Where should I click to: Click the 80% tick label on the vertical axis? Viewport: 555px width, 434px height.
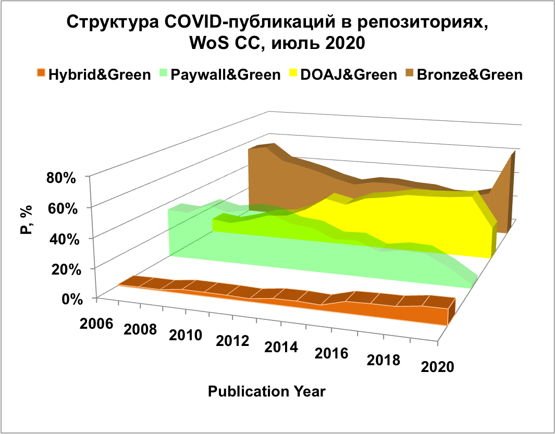pyautogui.click(x=61, y=177)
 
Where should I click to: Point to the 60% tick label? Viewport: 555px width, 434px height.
pyautogui.click(x=61, y=207)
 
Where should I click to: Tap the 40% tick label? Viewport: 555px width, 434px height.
pyautogui.click(x=61, y=238)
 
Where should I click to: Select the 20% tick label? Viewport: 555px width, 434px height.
pyautogui.click(x=61, y=269)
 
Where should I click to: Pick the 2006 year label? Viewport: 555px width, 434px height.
pyautogui.click(x=97, y=323)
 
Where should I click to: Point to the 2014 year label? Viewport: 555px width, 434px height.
pyautogui.click(x=281, y=347)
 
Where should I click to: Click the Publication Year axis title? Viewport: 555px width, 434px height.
pyautogui.click(x=267, y=391)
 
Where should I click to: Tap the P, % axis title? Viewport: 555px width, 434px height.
pyautogui.click(x=27, y=220)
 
